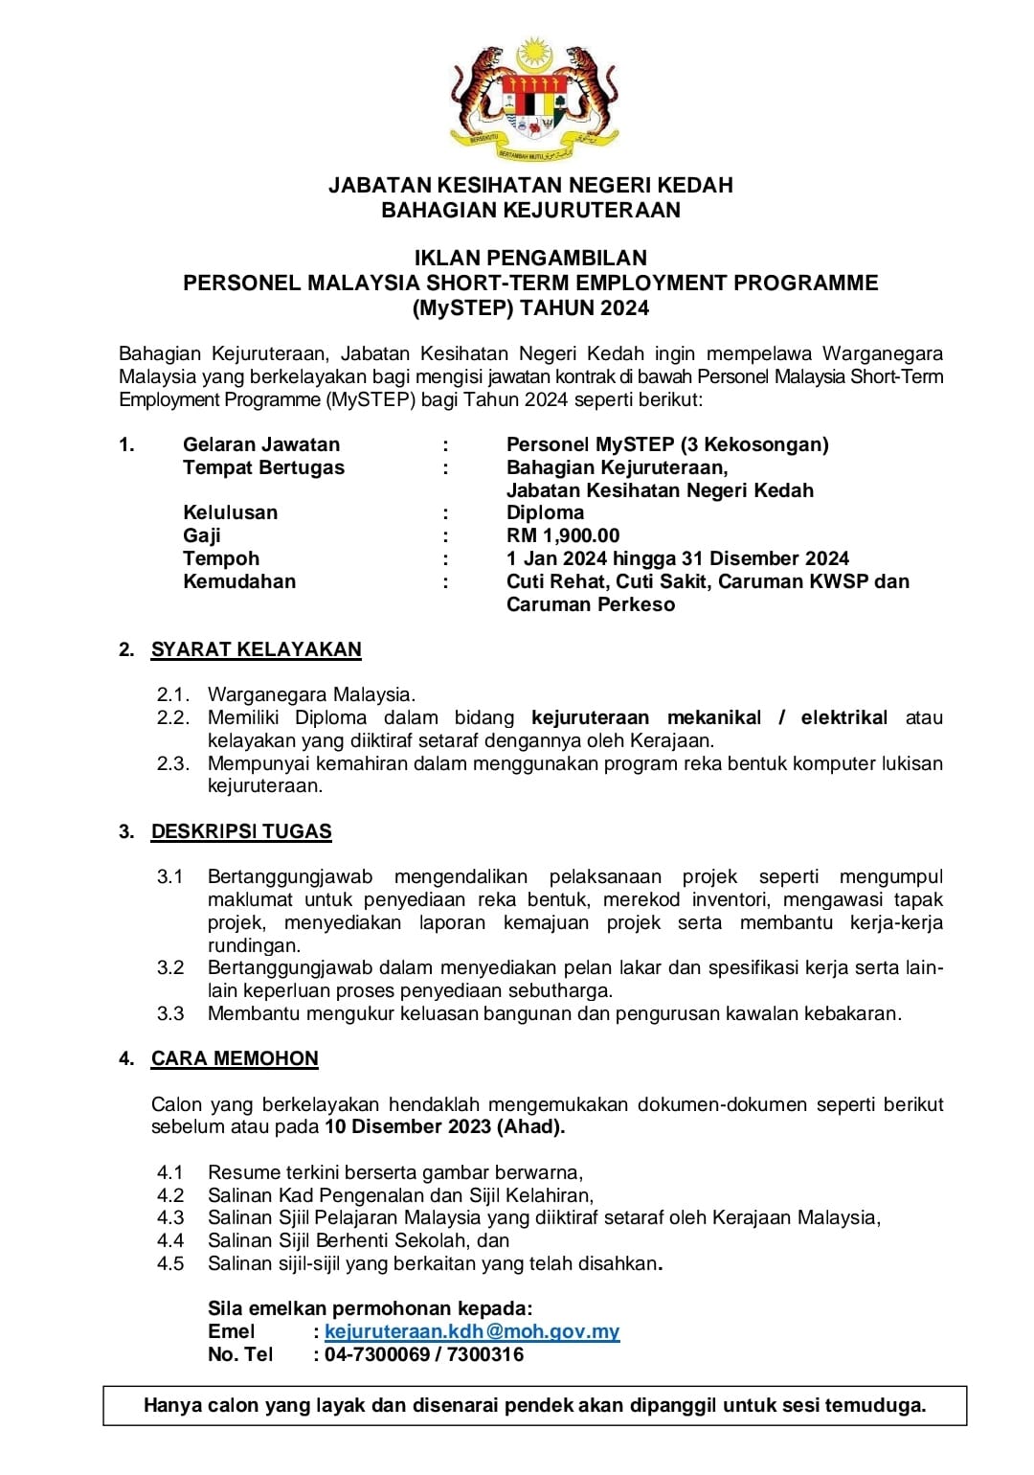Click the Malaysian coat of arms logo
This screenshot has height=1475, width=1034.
click(533, 100)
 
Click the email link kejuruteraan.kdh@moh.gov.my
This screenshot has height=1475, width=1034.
click(472, 1331)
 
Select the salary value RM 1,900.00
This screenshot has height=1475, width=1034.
click(563, 535)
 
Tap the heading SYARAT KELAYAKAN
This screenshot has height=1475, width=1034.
click(256, 649)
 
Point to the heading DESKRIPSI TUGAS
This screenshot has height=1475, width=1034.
click(241, 831)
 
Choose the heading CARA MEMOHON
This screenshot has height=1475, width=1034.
click(235, 1058)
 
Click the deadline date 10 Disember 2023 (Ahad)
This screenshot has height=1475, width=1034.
click(444, 1126)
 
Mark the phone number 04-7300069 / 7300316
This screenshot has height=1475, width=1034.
click(424, 1354)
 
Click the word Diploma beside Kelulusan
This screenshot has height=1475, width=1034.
click(545, 512)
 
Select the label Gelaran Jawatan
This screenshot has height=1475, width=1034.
click(261, 444)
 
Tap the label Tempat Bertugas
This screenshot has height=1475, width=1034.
click(263, 467)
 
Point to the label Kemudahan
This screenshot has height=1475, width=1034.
click(239, 581)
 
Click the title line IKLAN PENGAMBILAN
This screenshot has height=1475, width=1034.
click(530, 258)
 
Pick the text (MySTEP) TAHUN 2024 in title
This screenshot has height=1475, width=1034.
click(530, 308)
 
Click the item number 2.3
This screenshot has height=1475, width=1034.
click(173, 763)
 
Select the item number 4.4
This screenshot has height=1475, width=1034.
click(170, 1240)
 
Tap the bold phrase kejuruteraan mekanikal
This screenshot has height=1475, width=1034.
click(646, 717)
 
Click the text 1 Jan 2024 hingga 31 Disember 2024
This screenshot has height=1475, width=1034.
click(678, 558)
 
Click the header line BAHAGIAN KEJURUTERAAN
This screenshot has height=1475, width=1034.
click(530, 210)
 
